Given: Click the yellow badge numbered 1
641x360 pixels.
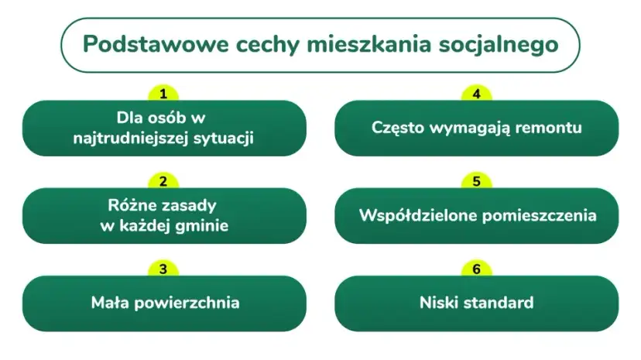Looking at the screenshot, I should (x=163, y=94).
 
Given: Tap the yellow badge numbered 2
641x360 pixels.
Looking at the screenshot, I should (x=163, y=182).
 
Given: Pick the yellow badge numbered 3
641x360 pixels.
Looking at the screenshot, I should (x=163, y=269).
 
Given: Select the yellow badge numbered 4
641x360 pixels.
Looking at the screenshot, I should (x=477, y=94).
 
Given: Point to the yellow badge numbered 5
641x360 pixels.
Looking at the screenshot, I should (x=477, y=182).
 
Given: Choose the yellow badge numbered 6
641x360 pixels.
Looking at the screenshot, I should (x=477, y=269).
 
